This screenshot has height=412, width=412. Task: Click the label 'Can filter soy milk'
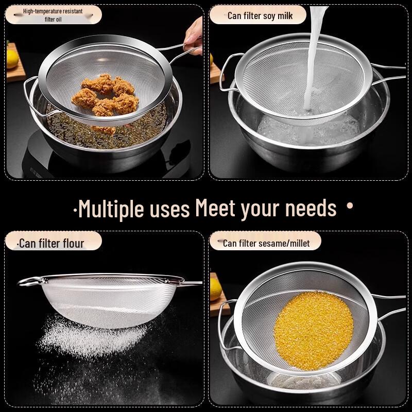coord(260,15)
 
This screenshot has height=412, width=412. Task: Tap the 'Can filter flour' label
coord(51,243)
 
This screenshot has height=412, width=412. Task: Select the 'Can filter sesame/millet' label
coord(266,243)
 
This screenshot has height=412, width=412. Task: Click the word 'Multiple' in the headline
coord(105,209)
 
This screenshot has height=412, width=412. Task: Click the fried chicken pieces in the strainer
coord(106,96)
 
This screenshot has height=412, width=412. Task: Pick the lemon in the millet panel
coord(215,289)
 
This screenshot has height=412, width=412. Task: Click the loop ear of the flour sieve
coord(30,281)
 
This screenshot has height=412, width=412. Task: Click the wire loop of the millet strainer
coord(225,324)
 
